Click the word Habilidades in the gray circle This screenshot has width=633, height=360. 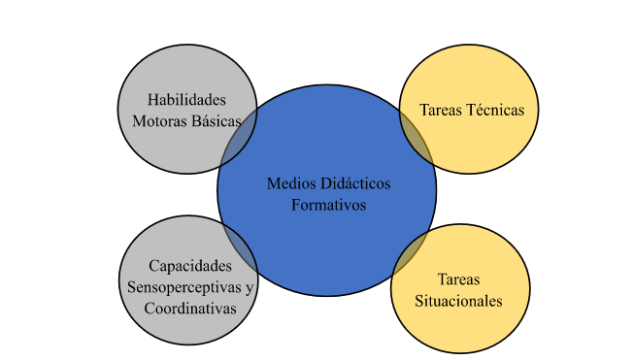click(186, 99)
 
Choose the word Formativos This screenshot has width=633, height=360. click(326, 205)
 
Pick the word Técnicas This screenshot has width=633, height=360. click(493, 110)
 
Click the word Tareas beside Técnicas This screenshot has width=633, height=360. click(439, 110)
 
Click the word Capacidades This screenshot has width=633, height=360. click(190, 265)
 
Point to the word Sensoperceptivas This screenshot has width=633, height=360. click(183, 286)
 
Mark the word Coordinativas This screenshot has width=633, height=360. click(190, 308)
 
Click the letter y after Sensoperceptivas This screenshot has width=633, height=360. click(249, 287)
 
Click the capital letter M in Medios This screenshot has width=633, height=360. click(273, 183)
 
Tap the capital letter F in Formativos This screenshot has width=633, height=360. click(296, 205)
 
